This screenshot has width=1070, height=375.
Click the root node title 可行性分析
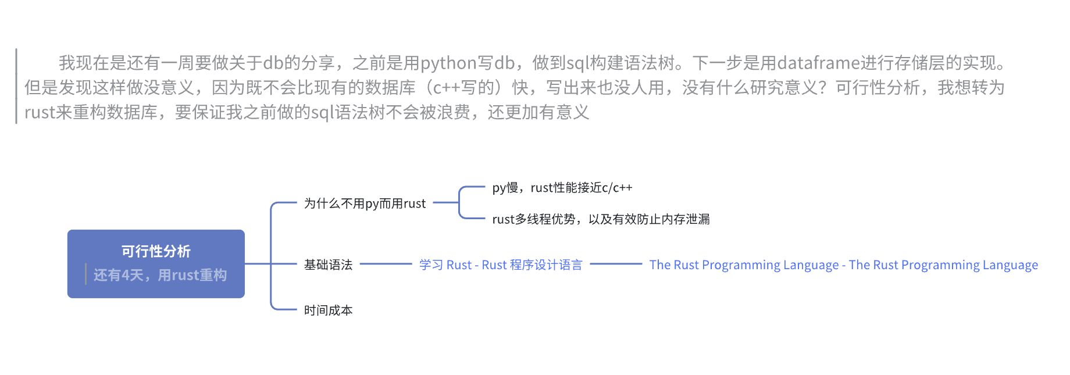click(x=156, y=251)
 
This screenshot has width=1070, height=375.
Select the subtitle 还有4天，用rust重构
click(x=160, y=275)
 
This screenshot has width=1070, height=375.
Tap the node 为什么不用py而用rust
click(x=365, y=203)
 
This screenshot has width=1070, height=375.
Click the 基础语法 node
click(x=328, y=265)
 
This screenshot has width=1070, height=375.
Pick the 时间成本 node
click(x=328, y=310)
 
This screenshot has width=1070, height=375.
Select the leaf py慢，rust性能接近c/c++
click(x=562, y=188)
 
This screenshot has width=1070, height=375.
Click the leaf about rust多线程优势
click(x=601, y=219)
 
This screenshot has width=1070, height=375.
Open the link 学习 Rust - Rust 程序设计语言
click(x=501, y=265)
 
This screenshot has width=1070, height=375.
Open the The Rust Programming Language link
click(x=843, y=265)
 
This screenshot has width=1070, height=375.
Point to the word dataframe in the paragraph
click(x=818, y=63)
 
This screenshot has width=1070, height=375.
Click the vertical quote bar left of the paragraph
click(x=16, y=86)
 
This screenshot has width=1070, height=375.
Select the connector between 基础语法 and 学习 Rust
click(x=386, y=264)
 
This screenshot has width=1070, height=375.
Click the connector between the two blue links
click(x=616, y=264)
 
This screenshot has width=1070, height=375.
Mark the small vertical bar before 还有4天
click(x=85, y=274)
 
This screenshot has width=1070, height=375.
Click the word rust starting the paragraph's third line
click(x=40, y=113)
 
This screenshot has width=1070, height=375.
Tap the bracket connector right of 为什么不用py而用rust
click(x=459, y=203)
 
